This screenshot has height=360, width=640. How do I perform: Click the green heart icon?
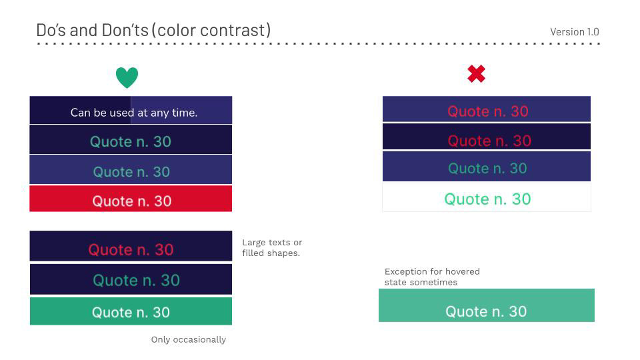[x=127, y=77]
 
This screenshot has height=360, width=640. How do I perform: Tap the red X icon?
[x=476, y=74]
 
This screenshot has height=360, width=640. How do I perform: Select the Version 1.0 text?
[x=574, y=32]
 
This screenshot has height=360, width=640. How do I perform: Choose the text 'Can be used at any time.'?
[x=134, y=113]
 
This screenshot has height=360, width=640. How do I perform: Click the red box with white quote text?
[x=131, y=200]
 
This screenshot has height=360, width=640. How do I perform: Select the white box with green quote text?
[x=487, y=199]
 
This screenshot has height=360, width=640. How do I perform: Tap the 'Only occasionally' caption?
[x=189, y=339]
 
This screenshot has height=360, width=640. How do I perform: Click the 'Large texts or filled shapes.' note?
[x=272, y=247]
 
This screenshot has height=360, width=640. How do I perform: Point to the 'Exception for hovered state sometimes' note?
[x=432, y=277]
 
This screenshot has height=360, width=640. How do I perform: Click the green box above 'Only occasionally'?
[x=131, y=311]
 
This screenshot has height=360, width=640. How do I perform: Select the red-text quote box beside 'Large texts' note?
[x=131, y=248]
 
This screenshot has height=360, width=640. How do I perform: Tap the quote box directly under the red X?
[x=487, y=110]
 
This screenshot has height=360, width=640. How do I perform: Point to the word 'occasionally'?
[x=199, y=339]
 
